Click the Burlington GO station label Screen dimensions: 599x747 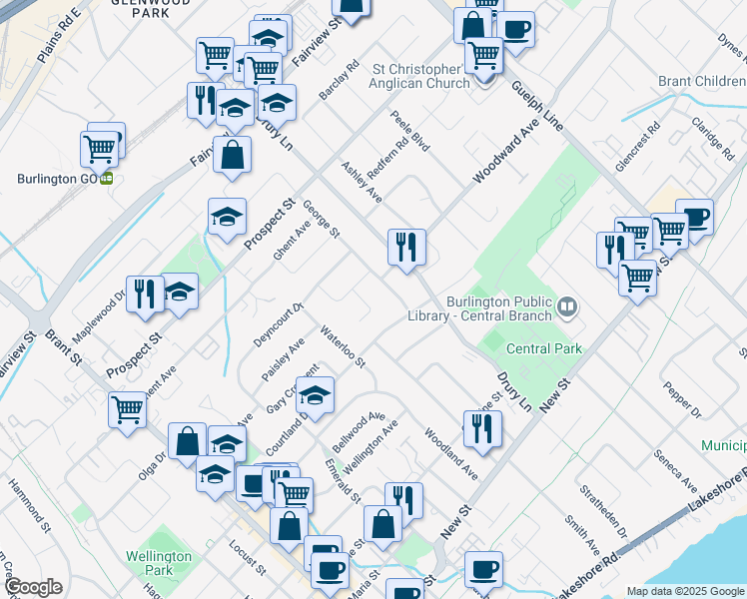56,180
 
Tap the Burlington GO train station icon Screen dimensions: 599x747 106,180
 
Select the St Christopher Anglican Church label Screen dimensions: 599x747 420,77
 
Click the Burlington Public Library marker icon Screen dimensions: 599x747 568,304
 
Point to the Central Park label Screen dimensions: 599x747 544,348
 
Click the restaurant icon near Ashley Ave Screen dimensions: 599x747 406,247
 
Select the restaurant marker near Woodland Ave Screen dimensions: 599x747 482,428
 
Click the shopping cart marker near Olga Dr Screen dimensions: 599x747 128,409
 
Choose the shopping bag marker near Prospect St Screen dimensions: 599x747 232,156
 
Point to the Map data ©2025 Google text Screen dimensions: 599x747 685,591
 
